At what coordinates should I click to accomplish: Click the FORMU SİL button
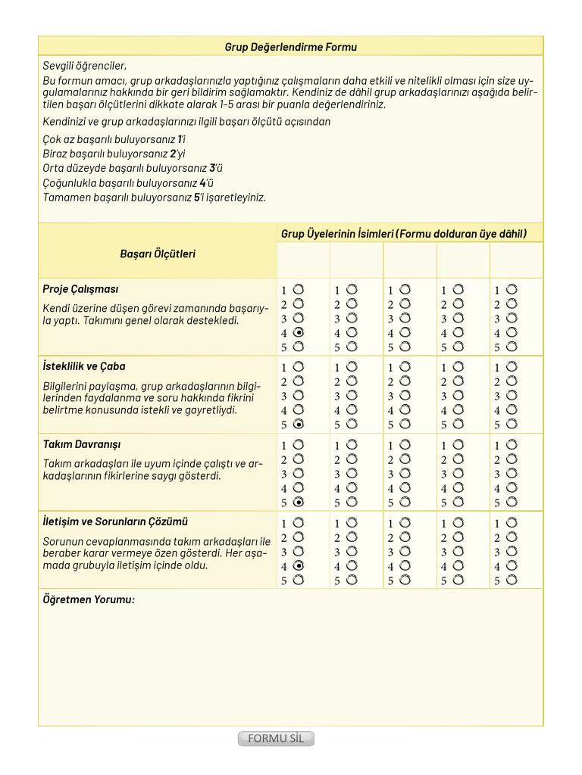pos(276,739)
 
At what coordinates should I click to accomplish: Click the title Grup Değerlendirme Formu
pos(290,47)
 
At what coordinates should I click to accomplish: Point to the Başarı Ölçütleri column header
pos(158,254)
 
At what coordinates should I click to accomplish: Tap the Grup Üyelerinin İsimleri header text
pos(403,234)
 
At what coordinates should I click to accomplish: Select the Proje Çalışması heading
pos(80,289)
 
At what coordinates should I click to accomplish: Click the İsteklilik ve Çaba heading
pos(84,366)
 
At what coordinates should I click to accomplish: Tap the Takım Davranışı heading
pos(82,444)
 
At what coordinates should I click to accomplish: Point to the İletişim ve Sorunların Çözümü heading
pos(115,522)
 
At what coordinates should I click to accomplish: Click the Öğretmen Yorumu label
pos(89,599)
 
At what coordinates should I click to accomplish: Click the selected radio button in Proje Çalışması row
pos(299,332)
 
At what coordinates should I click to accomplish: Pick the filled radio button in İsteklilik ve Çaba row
pos(299,424)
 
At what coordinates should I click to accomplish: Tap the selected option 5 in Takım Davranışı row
pos(299,502)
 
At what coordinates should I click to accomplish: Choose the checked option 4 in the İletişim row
pos(299,565)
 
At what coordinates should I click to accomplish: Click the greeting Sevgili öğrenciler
pos(85,66)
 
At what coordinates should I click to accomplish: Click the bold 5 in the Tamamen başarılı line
pos(197,198)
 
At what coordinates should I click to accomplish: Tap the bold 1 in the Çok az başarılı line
pos(180,139)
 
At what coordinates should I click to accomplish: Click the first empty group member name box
pos(304,260)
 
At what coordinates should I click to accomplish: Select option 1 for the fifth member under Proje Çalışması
pos(512,289)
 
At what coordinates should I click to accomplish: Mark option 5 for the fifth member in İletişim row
pos(512,580)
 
